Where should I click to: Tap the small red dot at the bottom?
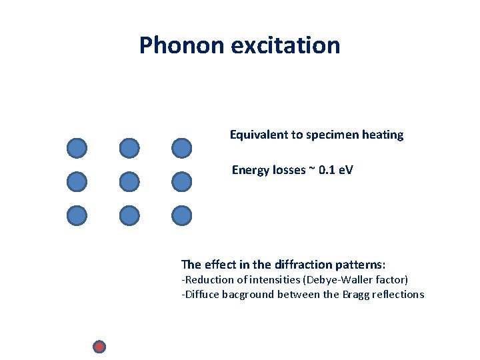click(99, 347)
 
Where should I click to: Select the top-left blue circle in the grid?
click(77, 148)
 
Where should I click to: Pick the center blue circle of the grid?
click(129, 181)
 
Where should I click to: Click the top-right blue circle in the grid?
click(181, 148)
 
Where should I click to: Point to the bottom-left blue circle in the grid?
click(77, 215)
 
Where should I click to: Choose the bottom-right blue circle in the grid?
click(181, 215)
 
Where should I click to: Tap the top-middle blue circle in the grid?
click(129, 148)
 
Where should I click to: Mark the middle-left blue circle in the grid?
click(77, 181)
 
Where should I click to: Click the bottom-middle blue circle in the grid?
click(129, 215)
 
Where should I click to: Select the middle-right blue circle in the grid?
click(181, 181)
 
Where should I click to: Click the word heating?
click(383, 135)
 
